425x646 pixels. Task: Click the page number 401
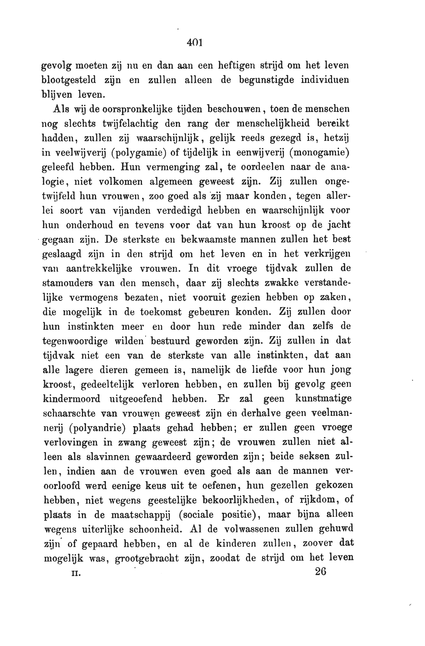(x=195, y=43)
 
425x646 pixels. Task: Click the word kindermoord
(x=72, y=399)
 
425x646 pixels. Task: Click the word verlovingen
(x=71, y=442)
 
